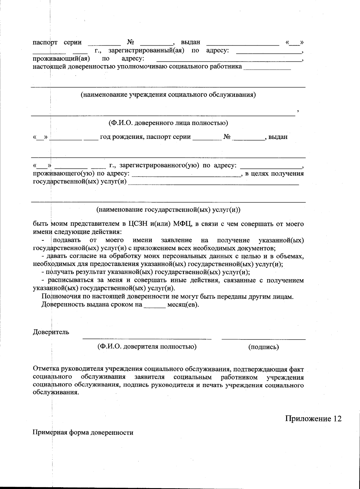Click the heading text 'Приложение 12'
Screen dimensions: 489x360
click(x=313, y=418)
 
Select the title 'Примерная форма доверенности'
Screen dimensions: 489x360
click(x=83, y=433)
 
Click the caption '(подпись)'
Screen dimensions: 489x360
click(x=263, y=347)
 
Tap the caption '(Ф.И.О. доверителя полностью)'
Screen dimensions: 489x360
click(x=147, y=346)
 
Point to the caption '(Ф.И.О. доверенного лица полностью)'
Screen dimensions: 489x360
click(x=168, y=123)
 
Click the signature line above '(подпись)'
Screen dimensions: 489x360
click(x=263, y=339)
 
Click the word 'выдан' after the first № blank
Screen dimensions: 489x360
click(x=190, y=43)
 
